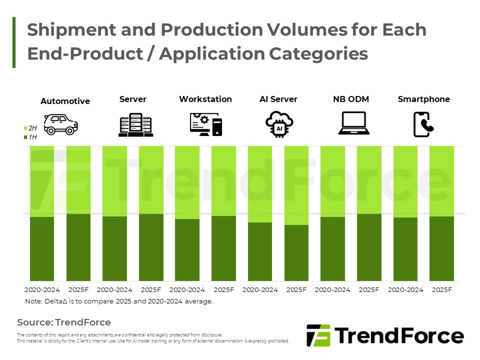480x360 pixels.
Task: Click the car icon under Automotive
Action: point(61,124)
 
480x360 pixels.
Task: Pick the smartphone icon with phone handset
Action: point(423,124)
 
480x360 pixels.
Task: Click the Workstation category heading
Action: point(205,99)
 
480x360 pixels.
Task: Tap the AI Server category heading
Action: point(278,99)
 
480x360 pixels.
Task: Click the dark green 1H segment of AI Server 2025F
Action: point(296,252)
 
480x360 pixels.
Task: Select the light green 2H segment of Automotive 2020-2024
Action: point(42,181)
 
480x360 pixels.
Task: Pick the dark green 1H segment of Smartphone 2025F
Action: point(441,248)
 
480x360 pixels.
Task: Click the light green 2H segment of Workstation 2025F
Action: point(223,180)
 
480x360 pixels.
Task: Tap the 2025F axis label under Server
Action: point(151,290)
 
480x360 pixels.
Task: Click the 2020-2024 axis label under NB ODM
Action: point(332,290)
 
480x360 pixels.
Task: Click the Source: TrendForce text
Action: point(64,322)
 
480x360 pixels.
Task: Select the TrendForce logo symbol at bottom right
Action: point(318,335)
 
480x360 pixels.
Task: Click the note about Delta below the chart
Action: point(119,301)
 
